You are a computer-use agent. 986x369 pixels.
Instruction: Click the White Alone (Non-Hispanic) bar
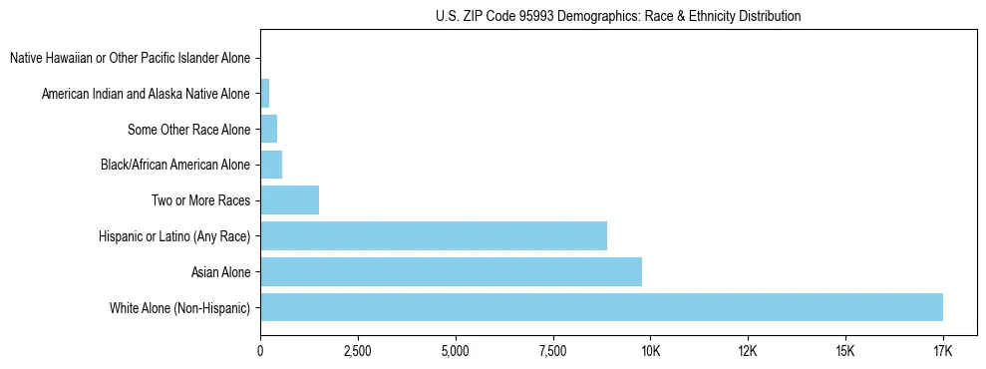601,307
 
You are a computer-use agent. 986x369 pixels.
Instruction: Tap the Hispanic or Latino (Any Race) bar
434,235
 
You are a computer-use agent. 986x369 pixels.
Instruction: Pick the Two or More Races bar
289,199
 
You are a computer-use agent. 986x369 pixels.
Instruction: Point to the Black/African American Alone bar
271,165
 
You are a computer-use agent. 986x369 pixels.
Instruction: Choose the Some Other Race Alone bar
268,129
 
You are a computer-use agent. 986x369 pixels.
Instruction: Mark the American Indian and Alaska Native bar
264,94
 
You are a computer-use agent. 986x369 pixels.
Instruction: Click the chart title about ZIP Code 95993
618,16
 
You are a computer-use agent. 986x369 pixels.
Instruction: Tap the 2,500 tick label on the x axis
357,351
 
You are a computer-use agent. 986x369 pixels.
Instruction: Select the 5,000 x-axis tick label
455,351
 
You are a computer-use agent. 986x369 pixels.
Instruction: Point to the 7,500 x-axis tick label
552,351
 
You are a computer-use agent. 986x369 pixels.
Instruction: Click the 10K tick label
650,351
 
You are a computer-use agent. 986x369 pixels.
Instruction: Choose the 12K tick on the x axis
748,351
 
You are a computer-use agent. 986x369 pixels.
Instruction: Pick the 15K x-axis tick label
845,351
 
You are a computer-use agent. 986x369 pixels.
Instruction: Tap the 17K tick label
942,351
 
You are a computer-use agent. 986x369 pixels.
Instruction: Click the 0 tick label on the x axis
260,351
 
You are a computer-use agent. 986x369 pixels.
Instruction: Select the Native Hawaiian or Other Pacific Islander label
130,58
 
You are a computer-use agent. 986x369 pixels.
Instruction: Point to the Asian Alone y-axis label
221,271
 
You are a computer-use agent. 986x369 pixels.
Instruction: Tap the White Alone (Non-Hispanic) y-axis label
179,307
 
